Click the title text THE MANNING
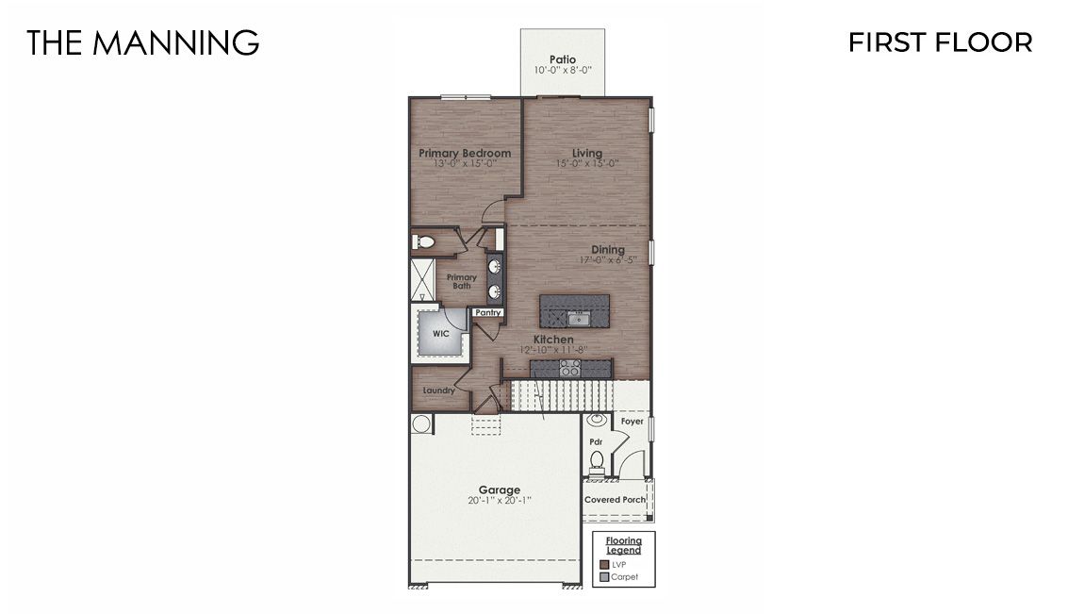[x=142, y=42]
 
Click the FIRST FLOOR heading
[x=940, y=42]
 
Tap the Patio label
[x=563, y=59]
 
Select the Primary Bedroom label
[x=465, y=153]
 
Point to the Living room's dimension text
[x=586, y=164]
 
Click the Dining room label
[x=608, y=250]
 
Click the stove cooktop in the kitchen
[x=569, y=367]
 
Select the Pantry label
[x=487, y=312]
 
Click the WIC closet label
[x=440, y=334]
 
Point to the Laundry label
[x=439, y=390]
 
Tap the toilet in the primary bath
[x=424, y=243]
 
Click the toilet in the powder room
[x=596, y=461]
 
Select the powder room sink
[x=597, y=421]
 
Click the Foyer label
[x=632, y=422]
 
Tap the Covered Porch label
[x=616, y=500]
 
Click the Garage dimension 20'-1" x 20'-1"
[x=499, y=501]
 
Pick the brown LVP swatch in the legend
[x=604, y=564]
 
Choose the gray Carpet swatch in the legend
[x=604, y=576]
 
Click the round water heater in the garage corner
[x=420, y=423]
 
